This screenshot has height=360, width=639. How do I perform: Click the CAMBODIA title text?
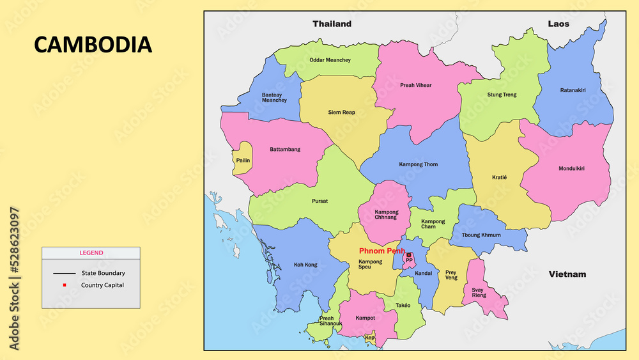(x=93, y=44)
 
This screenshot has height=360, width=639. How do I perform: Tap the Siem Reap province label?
(x=341, y=113)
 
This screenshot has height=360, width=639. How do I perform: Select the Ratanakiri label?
(x=573, y=90)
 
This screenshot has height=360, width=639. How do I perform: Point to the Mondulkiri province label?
(x=571, y=168)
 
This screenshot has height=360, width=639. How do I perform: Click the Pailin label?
(x=243, y=160)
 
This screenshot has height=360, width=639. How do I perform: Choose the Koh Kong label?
(x=305, y=265)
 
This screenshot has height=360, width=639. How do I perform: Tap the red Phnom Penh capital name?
(x=381, y=251)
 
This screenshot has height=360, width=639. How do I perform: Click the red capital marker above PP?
(x=409, y=254)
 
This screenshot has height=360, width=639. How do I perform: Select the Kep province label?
(x=369, y=338)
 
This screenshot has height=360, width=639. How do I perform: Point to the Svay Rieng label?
(x=479, y=292)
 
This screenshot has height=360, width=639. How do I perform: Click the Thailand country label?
(x=332, y=24)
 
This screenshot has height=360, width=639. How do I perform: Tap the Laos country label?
(x=558, y=24)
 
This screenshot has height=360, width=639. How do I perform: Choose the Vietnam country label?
(x=567, y=274)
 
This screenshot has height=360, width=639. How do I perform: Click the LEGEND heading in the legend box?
(x=91, y=253)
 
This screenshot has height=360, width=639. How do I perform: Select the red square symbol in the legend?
(x=65, y=285)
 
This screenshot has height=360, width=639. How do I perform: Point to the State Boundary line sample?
(x=65, y=273)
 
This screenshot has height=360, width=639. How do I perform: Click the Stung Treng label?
(x=502, y=95)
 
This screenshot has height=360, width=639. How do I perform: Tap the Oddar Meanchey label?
(x=330, y=60)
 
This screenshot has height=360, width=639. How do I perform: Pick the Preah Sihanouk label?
(x=327, y=321)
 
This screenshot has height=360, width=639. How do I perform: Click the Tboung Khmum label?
(x=481, y=235)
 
